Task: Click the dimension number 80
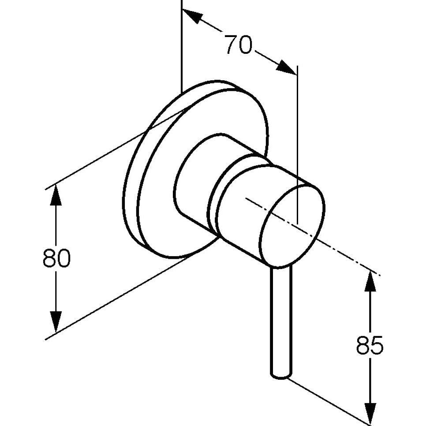[56, 258]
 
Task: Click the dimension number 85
[370, 345]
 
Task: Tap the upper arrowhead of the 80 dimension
[56, 194]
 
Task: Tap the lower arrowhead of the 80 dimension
[56, 322]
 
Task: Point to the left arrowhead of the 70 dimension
[192, 16]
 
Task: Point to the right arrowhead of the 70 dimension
[286, 67]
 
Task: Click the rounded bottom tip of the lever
[280, 376]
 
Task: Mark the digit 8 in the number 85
[363, 345]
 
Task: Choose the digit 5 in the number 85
[377, 345]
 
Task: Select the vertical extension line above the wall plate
[181, 46]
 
